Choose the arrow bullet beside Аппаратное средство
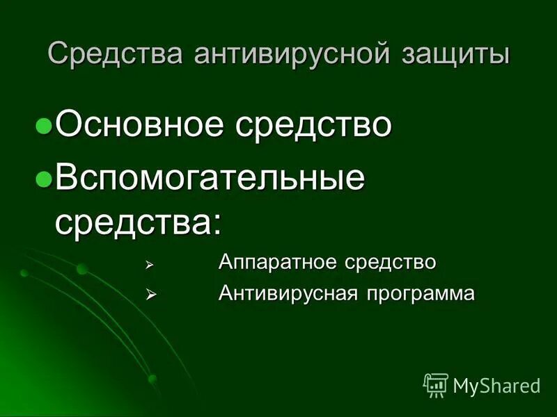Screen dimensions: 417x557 (x=148, y=264)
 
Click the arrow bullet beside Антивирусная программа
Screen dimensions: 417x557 (x=148, y=295)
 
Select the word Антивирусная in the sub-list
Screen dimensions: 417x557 (x=285, y=293)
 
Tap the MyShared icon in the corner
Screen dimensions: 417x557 (x=435, y=384)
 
